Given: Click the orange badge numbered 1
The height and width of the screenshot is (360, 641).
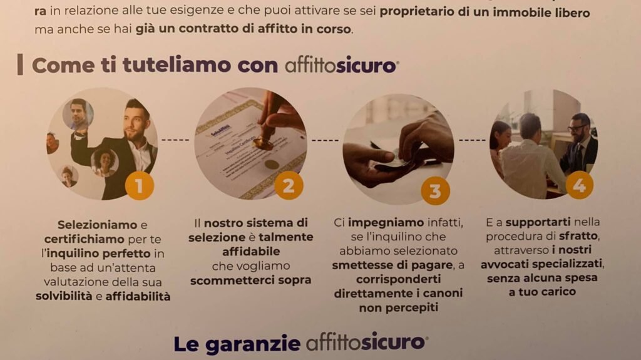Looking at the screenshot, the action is tap(140, 186).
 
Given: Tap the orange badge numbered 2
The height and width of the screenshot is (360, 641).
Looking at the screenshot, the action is tap(289, 185).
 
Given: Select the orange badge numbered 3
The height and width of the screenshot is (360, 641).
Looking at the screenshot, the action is tap(436, 190).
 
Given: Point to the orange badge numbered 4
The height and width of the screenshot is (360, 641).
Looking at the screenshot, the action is tap(579, 185).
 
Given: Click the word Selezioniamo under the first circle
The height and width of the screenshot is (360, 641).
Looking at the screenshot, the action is tap(97, 225).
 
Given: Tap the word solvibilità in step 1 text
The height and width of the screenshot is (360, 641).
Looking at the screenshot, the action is tap(64, 296).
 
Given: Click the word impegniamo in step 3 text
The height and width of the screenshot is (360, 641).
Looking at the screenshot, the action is tap(386, 223).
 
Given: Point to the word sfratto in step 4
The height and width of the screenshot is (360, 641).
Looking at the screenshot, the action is tap(578, 236).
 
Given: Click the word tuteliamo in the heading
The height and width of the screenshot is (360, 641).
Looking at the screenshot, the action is tap(177, 66).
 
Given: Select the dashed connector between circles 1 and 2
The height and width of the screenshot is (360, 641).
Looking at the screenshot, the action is tap(175, 140).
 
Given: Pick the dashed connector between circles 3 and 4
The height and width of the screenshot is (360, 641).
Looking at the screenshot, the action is tap(472, 140).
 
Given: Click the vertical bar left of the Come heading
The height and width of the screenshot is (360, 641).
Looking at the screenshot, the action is tap(20, 65).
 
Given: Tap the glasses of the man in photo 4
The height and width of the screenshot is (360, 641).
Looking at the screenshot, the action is tap(577, 129).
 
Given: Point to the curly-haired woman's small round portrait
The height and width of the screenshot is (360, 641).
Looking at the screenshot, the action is tap(105, 162).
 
